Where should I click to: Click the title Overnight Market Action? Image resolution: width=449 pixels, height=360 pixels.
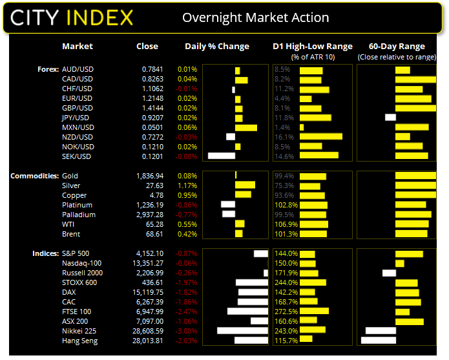pos(255,17)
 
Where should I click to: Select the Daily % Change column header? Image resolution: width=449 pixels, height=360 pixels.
pos(217,47)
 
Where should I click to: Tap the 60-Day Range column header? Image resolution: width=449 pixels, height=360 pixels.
pos(397,47)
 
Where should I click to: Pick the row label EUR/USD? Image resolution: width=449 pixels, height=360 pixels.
pos(78,98)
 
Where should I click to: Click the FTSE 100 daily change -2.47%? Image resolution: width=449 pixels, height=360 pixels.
pos(186,312)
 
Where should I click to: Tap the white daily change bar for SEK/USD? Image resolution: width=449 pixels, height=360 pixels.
pos(222,156)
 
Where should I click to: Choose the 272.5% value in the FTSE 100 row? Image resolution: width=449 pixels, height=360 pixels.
pos(286,312)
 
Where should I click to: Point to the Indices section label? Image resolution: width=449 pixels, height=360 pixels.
pos(45,253)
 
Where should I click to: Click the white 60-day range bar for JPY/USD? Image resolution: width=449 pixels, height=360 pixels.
pos(390,118)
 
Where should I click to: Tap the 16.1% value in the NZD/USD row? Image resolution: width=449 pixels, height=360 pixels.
pos(284,137)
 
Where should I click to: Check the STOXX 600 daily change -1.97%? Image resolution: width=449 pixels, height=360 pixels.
pos(186,282)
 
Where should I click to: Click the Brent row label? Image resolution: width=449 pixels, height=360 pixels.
pos(72,234)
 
